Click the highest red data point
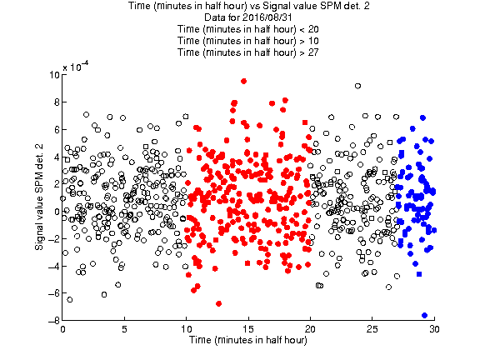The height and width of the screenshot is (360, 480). click(243, 81)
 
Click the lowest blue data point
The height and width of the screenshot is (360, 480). click(424, 315)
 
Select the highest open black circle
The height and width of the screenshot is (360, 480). click(357, 86)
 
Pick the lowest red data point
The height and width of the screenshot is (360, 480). click(218, 303)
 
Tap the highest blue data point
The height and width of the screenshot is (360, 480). click(422, 117)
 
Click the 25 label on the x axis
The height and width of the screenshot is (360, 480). click(372, 329)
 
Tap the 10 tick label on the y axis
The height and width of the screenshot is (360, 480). click(54, 75)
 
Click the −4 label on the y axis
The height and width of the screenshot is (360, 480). click(54, 266)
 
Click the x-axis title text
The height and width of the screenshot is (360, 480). click(248, 340)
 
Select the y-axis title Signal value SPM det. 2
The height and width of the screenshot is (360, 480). click(39, 197)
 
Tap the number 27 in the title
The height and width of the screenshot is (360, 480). click(313, 52)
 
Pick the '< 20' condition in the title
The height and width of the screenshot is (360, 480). click(309, 29)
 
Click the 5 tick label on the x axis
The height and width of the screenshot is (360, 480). click(124, 329)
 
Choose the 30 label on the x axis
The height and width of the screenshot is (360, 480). click(434, 329)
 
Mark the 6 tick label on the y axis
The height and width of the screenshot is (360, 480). click(57, 129)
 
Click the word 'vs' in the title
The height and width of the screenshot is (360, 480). click(254, 6)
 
